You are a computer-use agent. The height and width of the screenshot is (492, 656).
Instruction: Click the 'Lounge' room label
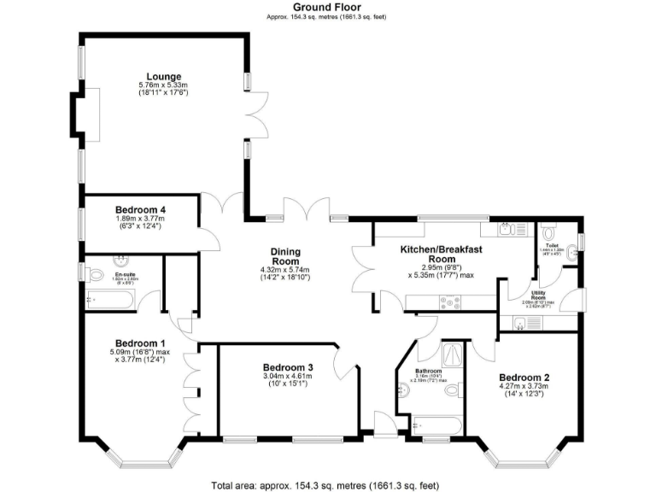pyautogui.click(x=163, y=76)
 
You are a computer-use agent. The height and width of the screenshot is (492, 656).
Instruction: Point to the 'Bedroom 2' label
pyautogui.click(x=524, y=378)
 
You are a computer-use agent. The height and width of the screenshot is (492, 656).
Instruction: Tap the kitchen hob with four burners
pyautogui.click(x=449, y=300)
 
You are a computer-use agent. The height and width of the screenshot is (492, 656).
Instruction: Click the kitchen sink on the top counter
pyautogui.click(x=505, y=229)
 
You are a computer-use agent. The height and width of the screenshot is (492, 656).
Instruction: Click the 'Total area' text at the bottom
pyautogui.click(x=327, y=483)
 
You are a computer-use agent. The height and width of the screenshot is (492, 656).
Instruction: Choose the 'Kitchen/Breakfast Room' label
pyautogui.click(x=442, y=254)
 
